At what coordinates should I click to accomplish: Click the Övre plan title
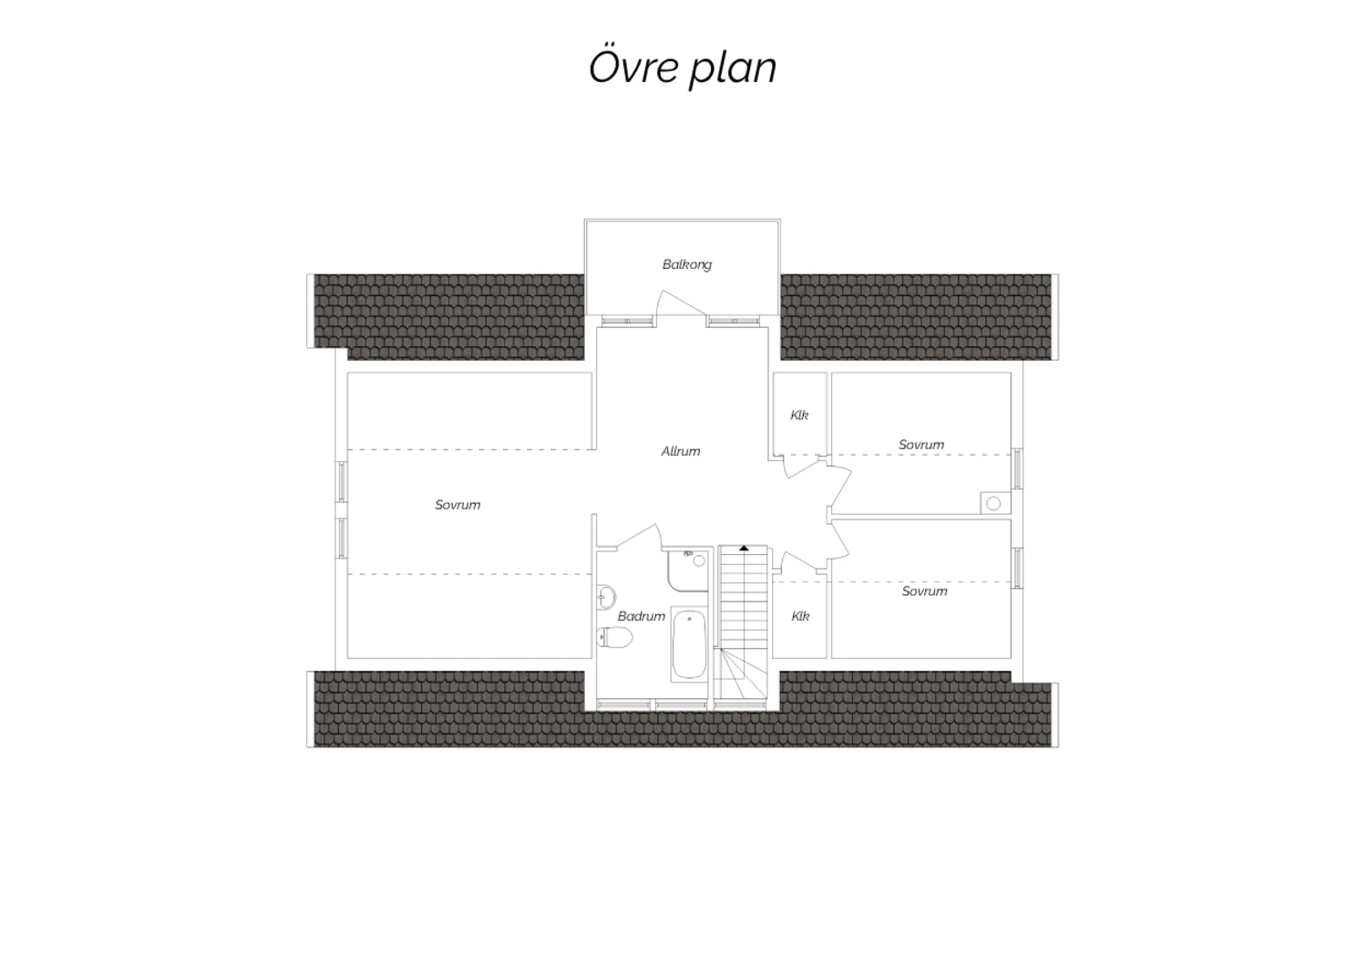pos(683,67)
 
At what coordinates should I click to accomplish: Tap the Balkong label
pos(687,265)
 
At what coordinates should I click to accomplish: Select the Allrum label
pos(681,452)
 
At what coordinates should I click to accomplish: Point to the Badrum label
pos(642,616)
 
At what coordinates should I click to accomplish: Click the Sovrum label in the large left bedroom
pos(457,505)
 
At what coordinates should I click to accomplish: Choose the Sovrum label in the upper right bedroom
pos(921,445)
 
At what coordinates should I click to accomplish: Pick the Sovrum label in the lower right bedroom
pos(925,591)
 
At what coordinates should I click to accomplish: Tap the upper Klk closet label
pos(799,416)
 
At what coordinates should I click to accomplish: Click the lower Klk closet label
pos(801,616)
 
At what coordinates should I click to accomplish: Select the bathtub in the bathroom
pos(689,644)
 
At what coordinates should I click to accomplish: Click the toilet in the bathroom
pos(614,637)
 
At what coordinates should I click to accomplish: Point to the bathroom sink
pos(607,597)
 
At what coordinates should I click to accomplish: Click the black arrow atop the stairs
pos(744,549)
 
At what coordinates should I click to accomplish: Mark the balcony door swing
pos(680,303)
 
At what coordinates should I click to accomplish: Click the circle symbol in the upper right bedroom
pos(993,503)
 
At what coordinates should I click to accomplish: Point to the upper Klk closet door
pos(801,468)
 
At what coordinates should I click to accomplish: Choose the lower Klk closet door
pos(799,561)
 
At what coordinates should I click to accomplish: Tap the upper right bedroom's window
pos(1017,468)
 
